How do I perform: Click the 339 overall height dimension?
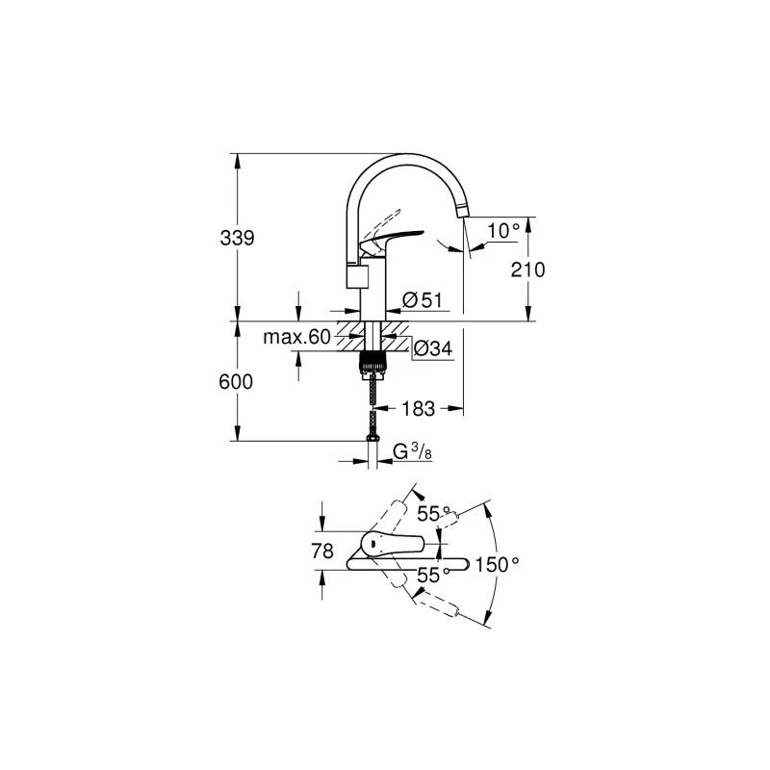(236, 238)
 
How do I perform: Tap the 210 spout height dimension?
(528, 269)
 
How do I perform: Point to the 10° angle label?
(502, 230)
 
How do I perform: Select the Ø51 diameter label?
(421, 300)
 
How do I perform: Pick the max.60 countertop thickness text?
(296, 337)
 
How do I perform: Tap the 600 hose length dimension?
(236, 382)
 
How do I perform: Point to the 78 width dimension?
(323, 552)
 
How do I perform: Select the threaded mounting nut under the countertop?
(371, 363)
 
